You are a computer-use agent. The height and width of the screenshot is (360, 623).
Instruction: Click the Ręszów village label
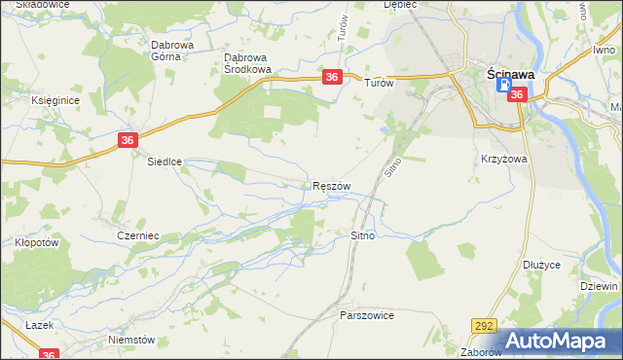pos(331,186)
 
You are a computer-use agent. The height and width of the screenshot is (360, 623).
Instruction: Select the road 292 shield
pos(485,326)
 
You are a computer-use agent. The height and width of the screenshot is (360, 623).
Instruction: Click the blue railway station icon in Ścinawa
pos(504,86)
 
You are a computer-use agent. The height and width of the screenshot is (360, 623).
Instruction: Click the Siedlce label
pos(165,162)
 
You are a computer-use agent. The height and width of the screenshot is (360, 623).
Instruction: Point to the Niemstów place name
pos(132,340)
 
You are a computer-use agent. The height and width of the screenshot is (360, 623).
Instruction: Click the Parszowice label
pos(366,316)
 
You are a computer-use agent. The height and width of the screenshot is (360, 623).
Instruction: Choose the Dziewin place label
pos(599,287)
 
